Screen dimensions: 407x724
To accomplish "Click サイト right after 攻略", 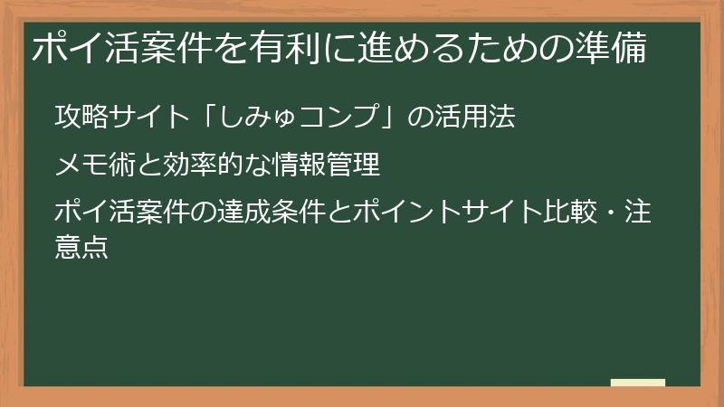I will pyautogui.click(x=147, y=118).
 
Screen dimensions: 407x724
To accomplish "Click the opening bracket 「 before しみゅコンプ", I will pyautogui.click(x=210, y=118).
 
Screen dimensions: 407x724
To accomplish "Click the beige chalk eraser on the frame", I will pyautogui.click(x=637, y=382).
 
